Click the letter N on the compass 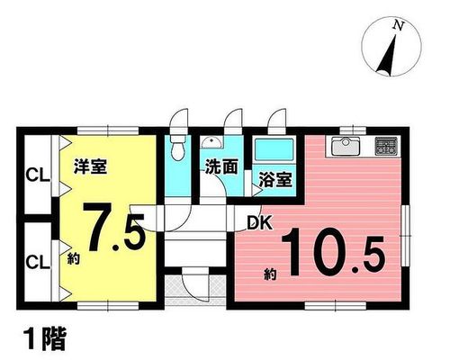pyautogui.click(x=399, y=27)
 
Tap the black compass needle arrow pyautogui.click(x=387, y=56)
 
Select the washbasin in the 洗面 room pyautogui.click(x=211, y=143)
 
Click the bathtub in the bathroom pyautogui.click(x=274, y=149)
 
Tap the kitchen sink pyautogui.click(x=346, y=147)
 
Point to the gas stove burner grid pyautogui.click(x=386, y=146)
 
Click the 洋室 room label pyautogui.click(x=90, y=166)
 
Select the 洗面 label pyautogui.click(x=221, y=166)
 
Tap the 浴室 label pyautogui.click(x=275, y=179)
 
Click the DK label pyautogui.click(x=260, y=223)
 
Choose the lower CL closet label pyautogui.click(x=38, y=262)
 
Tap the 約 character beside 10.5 pyautogui.click(x=270, y=274)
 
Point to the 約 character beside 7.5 pyautogui.click(x=73, y=258)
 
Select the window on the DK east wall pyautogui.click(x=406, y=235)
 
